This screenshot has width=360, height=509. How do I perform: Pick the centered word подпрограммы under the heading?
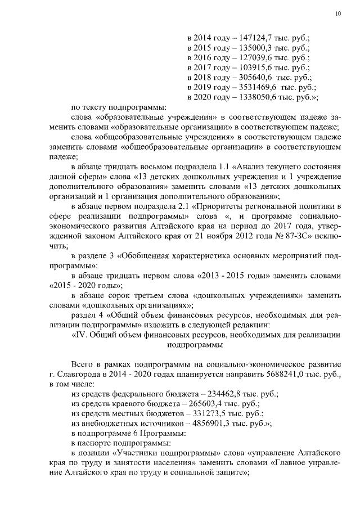(x=194, y=345)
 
